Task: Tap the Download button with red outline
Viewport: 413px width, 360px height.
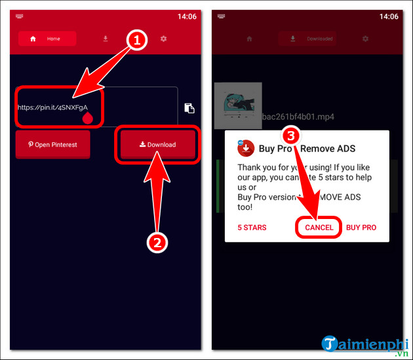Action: point(157,144)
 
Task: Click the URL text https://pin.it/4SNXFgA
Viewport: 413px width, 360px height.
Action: point(52,107)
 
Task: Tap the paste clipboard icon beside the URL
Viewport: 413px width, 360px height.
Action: point(189,108)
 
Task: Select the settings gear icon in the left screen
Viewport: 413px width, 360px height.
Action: point(163,39)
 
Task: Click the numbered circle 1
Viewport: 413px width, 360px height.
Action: point(136,41)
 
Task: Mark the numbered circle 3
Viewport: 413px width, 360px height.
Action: point(292,136)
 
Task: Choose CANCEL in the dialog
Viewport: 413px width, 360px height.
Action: point(319,228)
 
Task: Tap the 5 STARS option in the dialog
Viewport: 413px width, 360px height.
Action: point(252,228)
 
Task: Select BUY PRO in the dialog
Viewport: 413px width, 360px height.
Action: point(361,228)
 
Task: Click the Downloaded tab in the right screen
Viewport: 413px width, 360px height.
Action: point(314,39)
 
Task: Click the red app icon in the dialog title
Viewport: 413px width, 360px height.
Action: point(245,148)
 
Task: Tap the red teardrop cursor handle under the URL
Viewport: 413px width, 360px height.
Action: point(87,119)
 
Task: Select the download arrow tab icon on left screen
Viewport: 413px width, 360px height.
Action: point(106,39)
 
